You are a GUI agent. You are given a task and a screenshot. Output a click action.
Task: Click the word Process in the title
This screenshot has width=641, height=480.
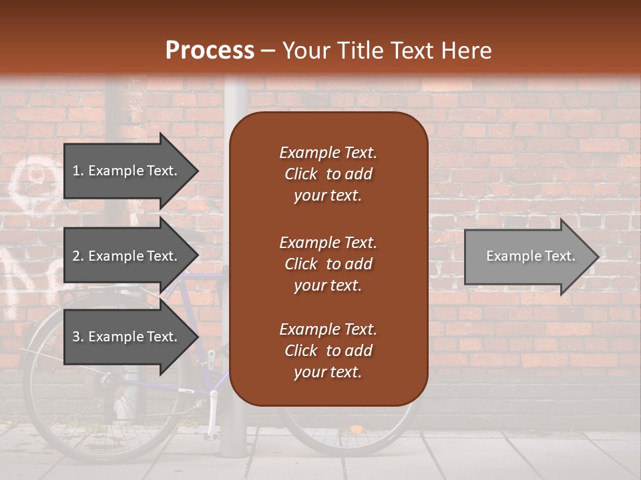tap(210, 51)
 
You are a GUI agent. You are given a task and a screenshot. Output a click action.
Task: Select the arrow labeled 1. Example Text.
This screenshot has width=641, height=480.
tap(127, 171)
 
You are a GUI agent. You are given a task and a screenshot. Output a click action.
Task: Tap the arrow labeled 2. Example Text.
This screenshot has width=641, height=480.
tap(127, 256)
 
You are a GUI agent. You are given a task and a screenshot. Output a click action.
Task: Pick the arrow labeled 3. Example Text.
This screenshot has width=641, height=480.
tap(127, 337)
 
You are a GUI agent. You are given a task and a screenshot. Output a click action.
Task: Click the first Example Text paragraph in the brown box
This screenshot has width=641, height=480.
tap(328, 173)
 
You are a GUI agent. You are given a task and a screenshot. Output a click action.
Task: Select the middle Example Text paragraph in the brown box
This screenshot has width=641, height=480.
tap(328, 263)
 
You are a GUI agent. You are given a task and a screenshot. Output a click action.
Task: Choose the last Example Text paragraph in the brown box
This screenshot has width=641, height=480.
tap(328, 350)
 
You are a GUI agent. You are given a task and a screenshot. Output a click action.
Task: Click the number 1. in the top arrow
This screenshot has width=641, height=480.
tap(77, 171)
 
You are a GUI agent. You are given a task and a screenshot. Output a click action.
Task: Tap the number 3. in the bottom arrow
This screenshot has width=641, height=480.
tap(77, 337)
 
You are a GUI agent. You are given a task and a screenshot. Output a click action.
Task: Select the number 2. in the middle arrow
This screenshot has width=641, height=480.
tap(77, 256)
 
